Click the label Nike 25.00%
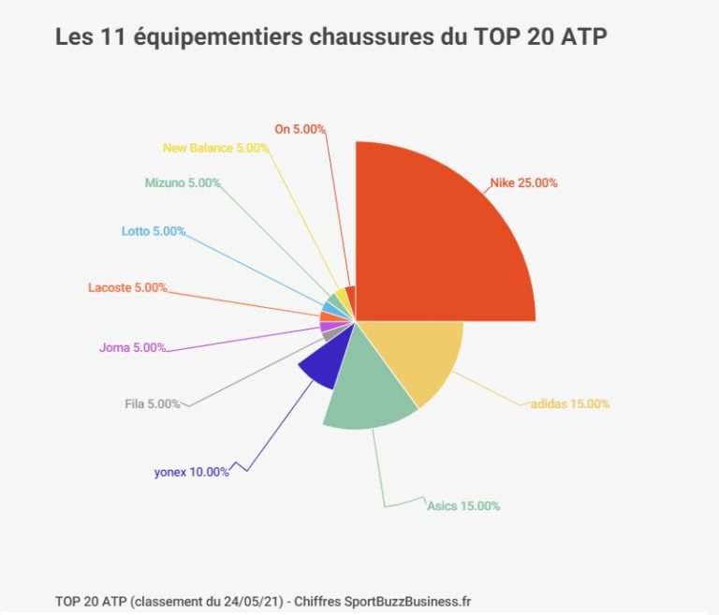523,183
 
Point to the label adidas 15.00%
570,403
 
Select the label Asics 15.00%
463,506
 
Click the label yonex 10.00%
191,472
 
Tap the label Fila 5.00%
153,404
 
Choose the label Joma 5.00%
132,347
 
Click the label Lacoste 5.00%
127,287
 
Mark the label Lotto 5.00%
154,231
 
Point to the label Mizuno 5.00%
183,183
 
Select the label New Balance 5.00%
215,148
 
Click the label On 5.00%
300,128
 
